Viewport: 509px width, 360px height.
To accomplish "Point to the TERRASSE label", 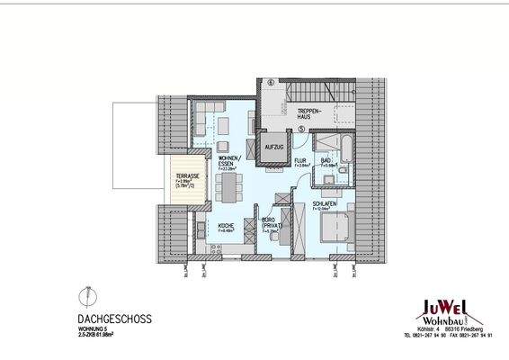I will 187,176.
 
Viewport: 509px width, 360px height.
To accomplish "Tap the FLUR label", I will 301,160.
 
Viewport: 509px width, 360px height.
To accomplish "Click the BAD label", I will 327,160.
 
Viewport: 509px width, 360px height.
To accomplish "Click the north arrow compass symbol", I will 85,294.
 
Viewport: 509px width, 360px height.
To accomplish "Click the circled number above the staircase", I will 271,83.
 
